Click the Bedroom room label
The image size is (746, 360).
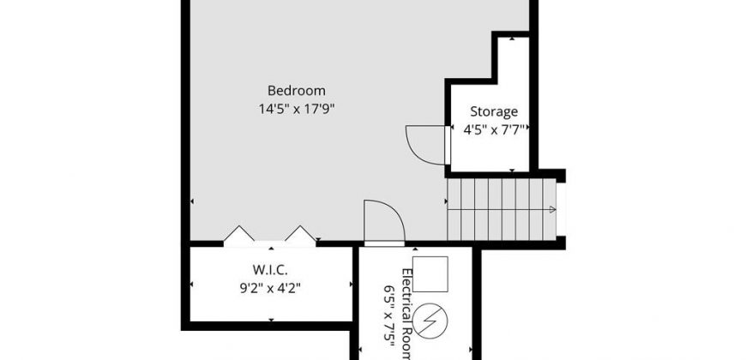[297, 90]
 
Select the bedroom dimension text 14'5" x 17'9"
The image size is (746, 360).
[297, 109]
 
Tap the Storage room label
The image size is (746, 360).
[494, 111]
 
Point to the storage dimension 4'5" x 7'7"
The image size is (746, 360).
[494, 129]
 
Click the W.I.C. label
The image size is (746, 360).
[270, 270]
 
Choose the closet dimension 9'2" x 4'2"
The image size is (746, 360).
[270, 288]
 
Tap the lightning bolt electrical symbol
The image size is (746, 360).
[430, 321]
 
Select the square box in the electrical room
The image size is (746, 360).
[430, 274]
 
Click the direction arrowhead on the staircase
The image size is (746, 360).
[552, 209]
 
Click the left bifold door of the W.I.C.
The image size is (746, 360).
[239, 233]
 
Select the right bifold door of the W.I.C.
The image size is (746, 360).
[300, 233]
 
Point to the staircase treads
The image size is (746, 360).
[502, 209]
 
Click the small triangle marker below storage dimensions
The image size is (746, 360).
[512, 170]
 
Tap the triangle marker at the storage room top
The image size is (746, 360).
[512, 39]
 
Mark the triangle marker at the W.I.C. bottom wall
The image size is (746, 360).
[271, 320]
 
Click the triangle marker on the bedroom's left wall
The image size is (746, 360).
[192, 201]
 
